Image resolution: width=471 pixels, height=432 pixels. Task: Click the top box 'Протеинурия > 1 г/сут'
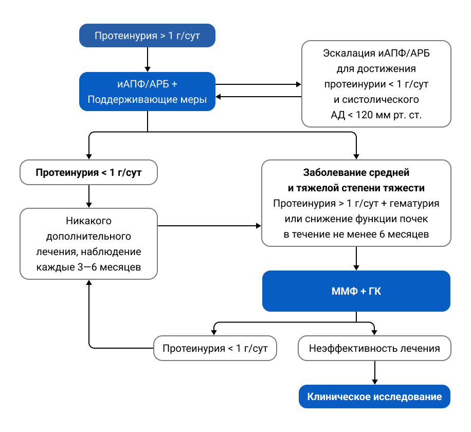click(x=147, y=36)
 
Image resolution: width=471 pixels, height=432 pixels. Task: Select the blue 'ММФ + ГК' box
click(x=356, y=291)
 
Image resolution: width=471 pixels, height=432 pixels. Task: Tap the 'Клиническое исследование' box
click(x=374, y=397)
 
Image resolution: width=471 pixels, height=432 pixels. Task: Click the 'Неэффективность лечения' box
click(x=374, y=348)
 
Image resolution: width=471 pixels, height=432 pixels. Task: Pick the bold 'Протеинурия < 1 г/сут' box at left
click(x=88, y=172)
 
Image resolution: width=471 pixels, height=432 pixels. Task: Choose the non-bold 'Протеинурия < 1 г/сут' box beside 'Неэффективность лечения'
click(x=215, y=348)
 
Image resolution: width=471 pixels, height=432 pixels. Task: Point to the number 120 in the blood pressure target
click(x=366, y=115)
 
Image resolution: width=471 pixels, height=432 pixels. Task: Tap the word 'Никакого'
click(x=88, y=221)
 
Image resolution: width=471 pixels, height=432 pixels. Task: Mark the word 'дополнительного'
click(x=88, y=237)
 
